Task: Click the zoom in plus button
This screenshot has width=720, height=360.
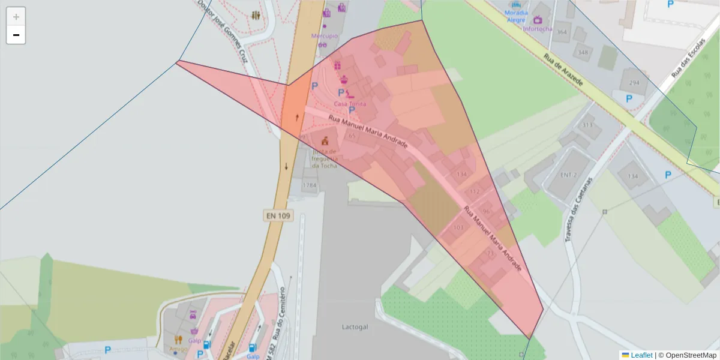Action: pyautogui.click(x=16, y=17)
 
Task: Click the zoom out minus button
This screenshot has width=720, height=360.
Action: pyautogui.click(x=16, y=35)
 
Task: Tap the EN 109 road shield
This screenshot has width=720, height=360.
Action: pyautogui.click(x=277, y=215)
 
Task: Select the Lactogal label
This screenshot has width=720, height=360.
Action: pyautogui.click(x=354, y=328)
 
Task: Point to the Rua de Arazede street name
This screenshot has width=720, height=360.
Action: pyautogui.click(x=563, y=70)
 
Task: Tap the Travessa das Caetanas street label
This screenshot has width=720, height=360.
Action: pyautogui.click(x=578, y=208)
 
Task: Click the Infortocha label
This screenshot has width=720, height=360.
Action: pyautogui.click(x=538, y=29)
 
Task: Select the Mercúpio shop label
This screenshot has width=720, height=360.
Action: pyautogui.click(x=325, y=36)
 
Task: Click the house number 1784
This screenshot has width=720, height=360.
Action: pyautogui.click(x=309, y=185)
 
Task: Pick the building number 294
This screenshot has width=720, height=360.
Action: pyautogui.click(x=634, y=82)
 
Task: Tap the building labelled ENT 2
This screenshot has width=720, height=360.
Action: pyautogui.click(x=568, y=175)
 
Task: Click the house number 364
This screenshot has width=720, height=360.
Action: pyautogui.click(x=562, y=32)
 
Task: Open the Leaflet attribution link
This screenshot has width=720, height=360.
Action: pyautogui.click(x=641, y=355)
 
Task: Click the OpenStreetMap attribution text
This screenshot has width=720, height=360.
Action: pyautogui.click(x=687, y=355)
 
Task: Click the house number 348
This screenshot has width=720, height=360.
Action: pyautogui.click(x=583, y=52)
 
